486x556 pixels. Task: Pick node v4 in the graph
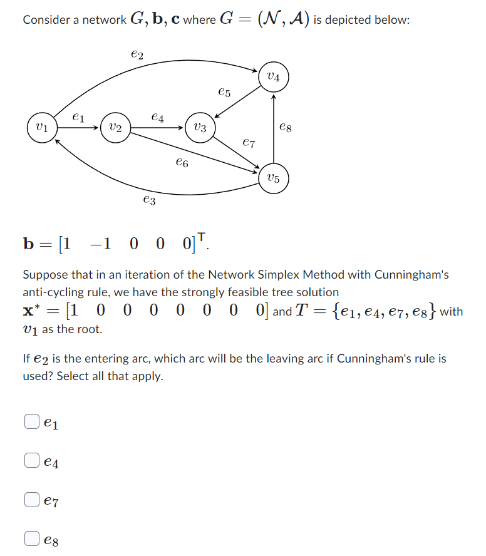pos(274,78)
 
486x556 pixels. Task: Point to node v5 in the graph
pos(274,178)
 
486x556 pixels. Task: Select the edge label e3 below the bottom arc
pos(149,200)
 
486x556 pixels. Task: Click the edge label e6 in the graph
pos(182,163)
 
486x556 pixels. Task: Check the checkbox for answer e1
pos(32,423)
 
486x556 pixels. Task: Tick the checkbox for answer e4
pos(32,461)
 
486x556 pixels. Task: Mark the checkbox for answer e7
pos(32,500)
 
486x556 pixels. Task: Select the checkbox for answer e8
pos(32,538)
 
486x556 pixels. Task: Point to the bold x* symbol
pos(31,311)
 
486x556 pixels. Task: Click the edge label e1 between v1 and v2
pos(77,116)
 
